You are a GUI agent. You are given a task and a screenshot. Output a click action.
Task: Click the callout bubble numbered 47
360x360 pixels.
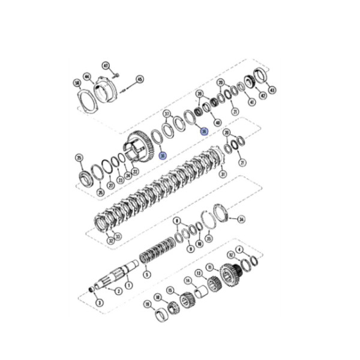pyautogui.click(x=106, y=65)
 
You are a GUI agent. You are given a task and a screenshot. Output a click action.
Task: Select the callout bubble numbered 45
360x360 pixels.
pyautogui.click(x=140, y=79)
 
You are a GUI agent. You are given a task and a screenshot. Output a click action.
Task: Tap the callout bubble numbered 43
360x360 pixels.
pyautogui.click(x=272, y=91)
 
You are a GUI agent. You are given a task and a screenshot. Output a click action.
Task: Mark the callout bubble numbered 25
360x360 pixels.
pyautogui.click(x=79, y=158)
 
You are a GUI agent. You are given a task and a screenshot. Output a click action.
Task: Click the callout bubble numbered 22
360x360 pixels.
pyautogui.click(x=136, y=172)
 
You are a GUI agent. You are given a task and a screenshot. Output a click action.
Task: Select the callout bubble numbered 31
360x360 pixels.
pyautogui.click(x=223, y=175)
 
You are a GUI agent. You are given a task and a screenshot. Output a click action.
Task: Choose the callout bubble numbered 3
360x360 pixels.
pyautogui.click(x=99, y=303)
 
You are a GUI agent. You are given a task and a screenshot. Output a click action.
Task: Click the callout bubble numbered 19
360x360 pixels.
pyautogui.click(x=147, y=305)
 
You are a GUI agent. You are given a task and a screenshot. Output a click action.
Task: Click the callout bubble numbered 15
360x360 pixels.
pyautogui.click(x=170, y=290)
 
